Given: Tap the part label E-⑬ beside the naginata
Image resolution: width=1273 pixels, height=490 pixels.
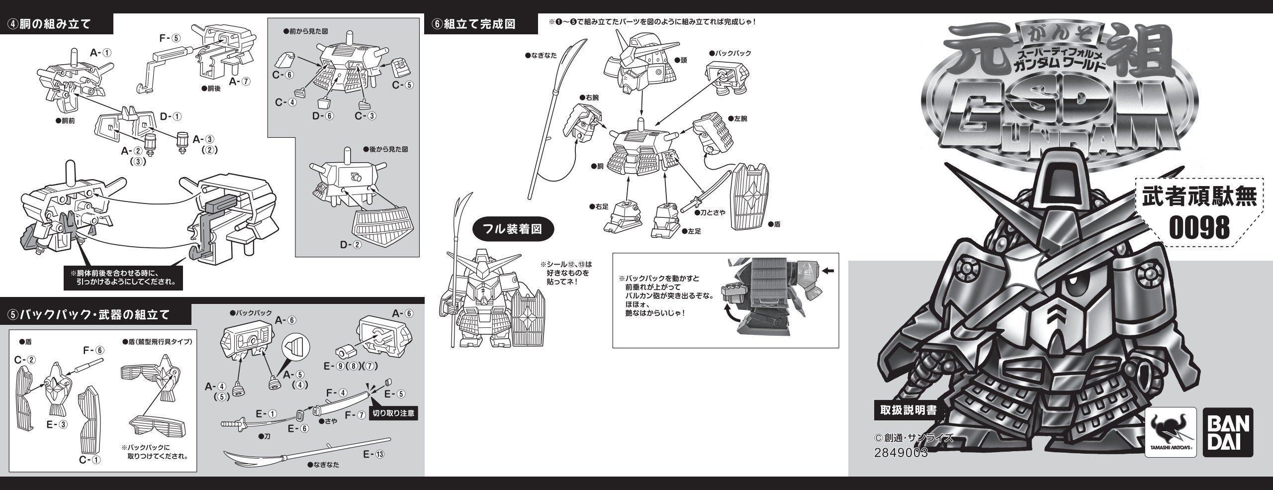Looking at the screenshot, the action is click(x=376, y=454).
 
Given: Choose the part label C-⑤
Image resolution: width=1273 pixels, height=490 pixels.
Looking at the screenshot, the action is click(x=402, y=85).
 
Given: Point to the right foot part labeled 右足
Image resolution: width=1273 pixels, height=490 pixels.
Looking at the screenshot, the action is click(x=622, y=215).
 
